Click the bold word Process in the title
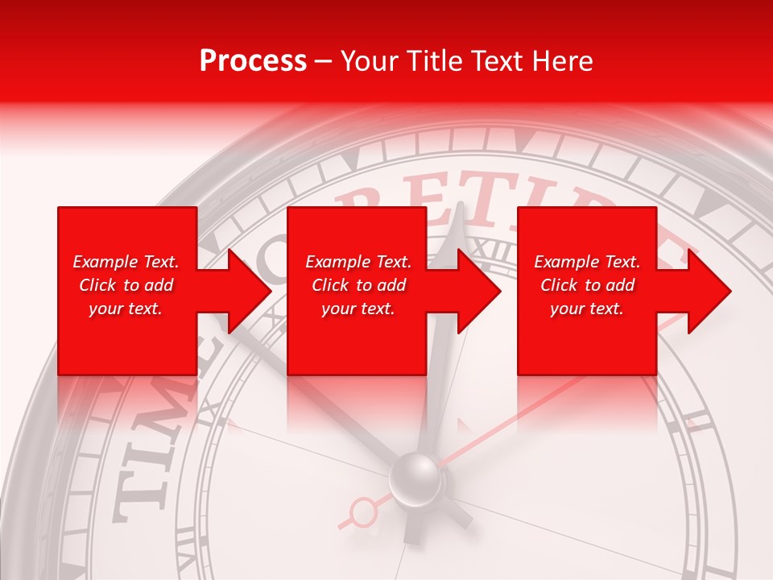253,61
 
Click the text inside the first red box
126,285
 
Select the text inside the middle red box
358,285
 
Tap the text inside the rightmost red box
587,285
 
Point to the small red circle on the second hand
364,510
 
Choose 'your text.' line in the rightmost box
587,309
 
